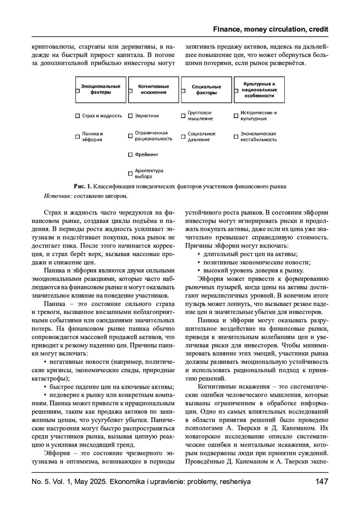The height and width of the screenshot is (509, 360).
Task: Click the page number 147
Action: (x=322, y=482)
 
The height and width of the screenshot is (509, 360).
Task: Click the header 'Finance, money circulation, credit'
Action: (x=271, y=29)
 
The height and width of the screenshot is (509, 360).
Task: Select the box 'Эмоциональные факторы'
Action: (x=101, y=90)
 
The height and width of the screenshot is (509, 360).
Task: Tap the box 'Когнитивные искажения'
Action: (x=154, y=90)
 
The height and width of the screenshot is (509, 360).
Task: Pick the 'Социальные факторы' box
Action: (x=206, y=90)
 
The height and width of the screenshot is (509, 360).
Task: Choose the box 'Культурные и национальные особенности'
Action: (x=259, y=90)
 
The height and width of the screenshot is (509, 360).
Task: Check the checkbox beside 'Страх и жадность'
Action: (x=77, y=116)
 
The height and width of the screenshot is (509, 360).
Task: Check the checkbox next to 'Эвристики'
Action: (x=130, y=116)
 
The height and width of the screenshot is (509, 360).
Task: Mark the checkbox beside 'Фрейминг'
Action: (x=130, y=155)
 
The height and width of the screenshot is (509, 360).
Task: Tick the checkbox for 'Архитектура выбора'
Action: (x=130, y=174)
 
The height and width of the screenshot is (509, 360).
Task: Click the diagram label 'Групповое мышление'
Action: (x=200, y=116)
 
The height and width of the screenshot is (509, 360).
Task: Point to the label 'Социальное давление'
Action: (x=202, y=137)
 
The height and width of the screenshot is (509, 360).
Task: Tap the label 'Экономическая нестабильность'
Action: (x=258, y=137)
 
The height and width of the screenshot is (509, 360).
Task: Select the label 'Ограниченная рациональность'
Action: (x=154, y=136)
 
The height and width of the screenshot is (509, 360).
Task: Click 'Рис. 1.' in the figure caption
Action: (x=82, y=186)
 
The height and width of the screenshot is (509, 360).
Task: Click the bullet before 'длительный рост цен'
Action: (x=199, y=254)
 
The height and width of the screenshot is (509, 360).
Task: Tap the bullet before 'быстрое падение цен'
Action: (x=46, y=387)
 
